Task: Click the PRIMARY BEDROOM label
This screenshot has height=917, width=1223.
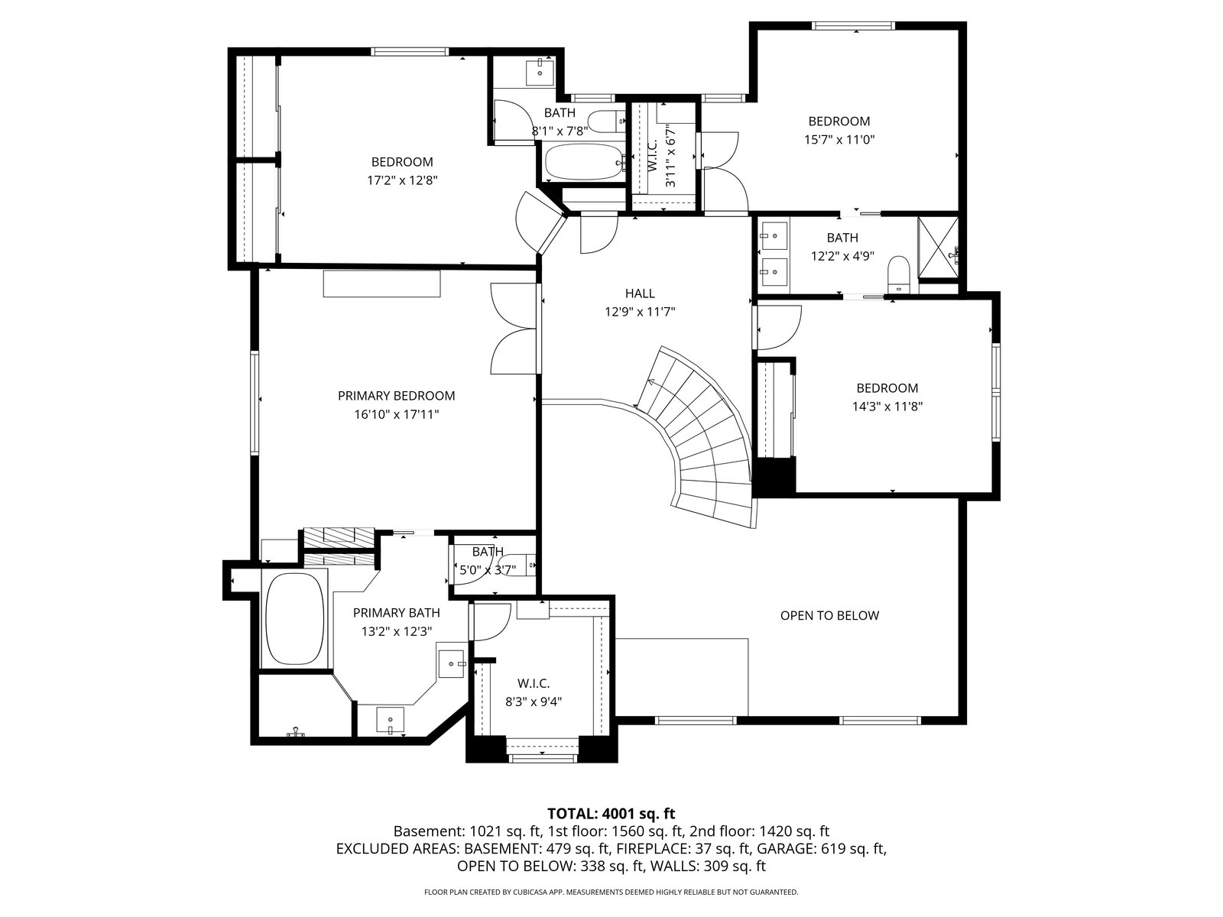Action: [x=396, y=396]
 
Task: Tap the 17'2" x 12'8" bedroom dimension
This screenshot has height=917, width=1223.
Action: [x=402, y=180]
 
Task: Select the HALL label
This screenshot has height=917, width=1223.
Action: [x=640, y=293]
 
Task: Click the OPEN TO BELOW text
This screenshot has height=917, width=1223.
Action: [x=829, y=616]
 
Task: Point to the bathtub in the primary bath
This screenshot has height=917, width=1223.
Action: [x=295, y=618]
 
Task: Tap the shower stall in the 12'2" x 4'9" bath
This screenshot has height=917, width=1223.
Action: [x=938, y=248]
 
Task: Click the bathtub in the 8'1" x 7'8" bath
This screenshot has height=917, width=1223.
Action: [x=584, y=162]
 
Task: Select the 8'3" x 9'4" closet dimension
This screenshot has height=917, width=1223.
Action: [x=534, y=702]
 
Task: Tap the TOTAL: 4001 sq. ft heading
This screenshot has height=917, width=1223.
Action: [x=611, y=814]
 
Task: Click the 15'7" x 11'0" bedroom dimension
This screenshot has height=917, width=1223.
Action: [x=839, y=139]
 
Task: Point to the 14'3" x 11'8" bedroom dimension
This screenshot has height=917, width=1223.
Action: [x=887, y=407]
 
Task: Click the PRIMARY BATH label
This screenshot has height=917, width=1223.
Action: [x=396, y=613]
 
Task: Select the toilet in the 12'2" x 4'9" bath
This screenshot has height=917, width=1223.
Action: [x=898, y=274]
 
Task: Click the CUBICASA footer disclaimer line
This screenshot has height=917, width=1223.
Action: [x=611, y=892]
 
